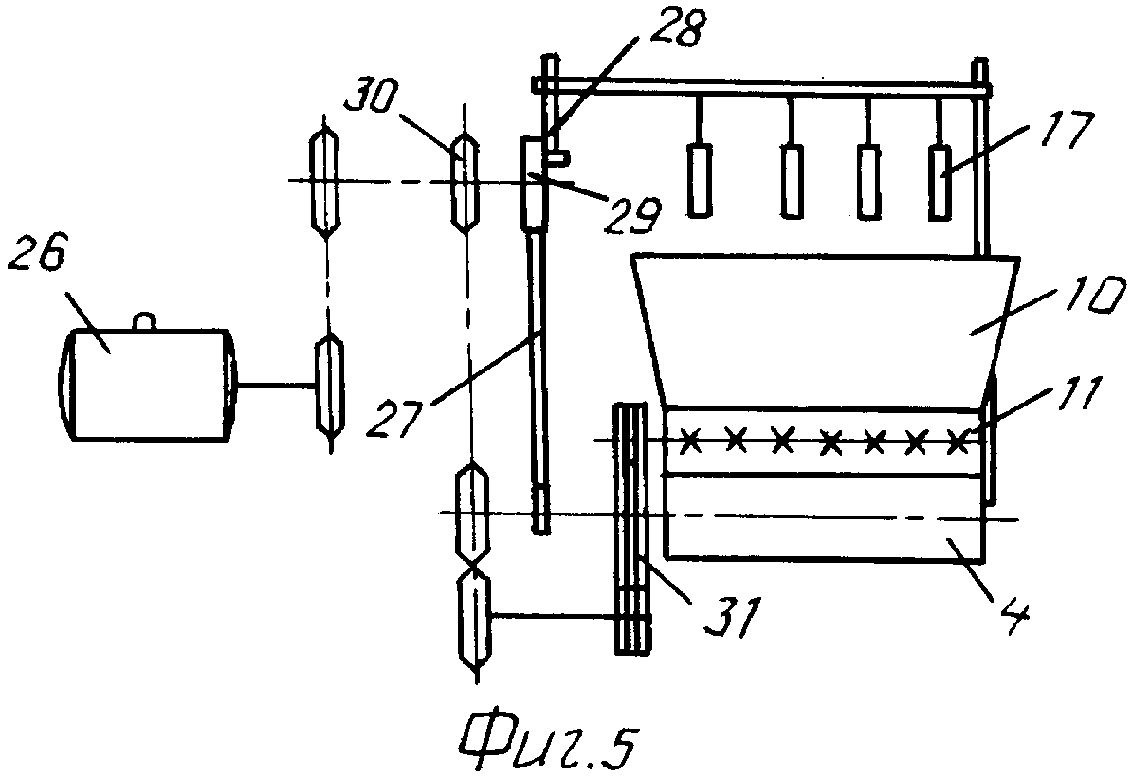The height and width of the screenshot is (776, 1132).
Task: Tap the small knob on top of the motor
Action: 143,322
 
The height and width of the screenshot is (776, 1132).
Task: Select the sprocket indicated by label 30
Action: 466,182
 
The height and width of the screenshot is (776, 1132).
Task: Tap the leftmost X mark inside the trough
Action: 691,440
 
